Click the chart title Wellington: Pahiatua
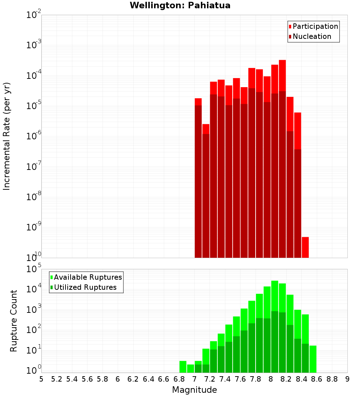coord(180,5)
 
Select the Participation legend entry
coord(315,26)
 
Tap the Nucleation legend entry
coord(312,36)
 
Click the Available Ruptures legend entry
coord(88,277)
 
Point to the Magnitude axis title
coord(194,390)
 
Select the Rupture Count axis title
coord(14,321)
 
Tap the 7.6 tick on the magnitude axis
coord(240,379)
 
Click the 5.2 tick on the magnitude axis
coord(57,379)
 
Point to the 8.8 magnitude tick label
coord(332,379)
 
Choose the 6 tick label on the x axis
coord(118,379)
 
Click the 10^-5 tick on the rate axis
coord(34,106)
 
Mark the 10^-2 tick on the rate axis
coord(34,15)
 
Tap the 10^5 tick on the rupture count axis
coord(34,269)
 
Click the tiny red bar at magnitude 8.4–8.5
coord(305,247)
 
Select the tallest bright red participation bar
coord(282,76)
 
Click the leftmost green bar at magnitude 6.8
coord(183,366)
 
